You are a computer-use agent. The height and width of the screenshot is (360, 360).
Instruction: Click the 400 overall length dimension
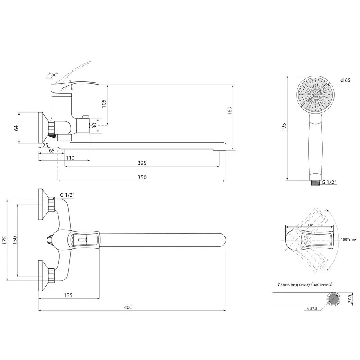128,308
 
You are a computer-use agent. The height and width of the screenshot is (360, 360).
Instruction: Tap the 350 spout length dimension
142,177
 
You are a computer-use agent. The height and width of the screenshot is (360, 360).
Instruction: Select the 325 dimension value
142,163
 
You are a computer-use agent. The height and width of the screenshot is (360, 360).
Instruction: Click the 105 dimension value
103,103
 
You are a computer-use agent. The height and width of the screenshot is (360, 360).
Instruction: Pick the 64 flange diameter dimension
16,128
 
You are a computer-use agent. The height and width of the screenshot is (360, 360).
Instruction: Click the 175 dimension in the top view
4,240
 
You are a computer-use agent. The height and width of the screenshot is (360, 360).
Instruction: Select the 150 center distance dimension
14,240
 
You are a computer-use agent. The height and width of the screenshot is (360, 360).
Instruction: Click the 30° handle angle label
54,74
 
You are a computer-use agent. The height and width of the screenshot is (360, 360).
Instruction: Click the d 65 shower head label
345,80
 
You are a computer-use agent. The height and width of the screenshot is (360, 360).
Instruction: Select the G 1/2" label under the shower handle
329,182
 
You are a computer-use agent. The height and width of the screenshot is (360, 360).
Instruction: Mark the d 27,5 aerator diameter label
312,309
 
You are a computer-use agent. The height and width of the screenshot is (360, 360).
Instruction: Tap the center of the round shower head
315,94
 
